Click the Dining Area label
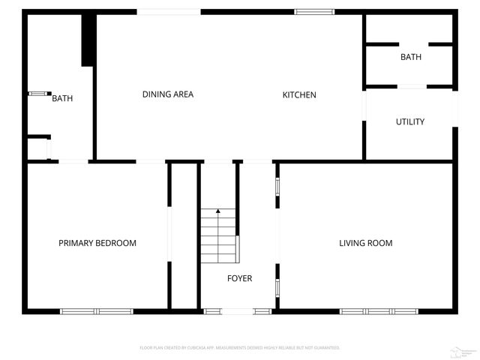point(168,94)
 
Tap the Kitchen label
point(299,95)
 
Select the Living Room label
point(365,243)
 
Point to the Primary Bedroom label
point(97,243)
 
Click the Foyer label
point(240,278)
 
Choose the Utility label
point(410,121)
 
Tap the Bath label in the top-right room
point(410,57)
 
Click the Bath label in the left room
point(62,98)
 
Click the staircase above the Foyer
point(218,236)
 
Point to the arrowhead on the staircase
point(218,211)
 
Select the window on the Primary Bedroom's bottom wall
point(97,310)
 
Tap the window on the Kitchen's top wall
point(313,11)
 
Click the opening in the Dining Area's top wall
point(169,11)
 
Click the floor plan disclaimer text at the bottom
point(240,348)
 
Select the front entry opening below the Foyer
point(238,310)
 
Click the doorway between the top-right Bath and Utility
point(411,88)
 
